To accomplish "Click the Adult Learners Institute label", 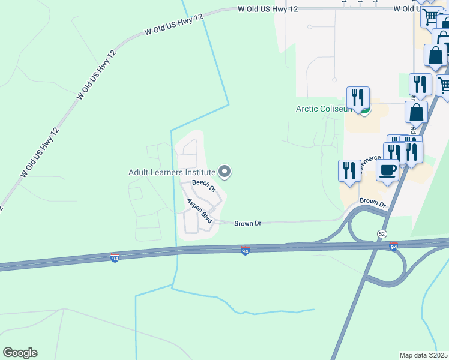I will tap(172, 172).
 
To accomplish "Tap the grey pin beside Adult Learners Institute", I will tap(225, 173).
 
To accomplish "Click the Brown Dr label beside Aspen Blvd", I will tap(248, 223).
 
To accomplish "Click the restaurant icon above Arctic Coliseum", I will tap(358, 98).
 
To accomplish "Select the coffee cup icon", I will tap(387, 170).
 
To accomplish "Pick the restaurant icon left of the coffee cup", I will tap(349, 170).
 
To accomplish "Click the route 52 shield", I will tap(382, 233).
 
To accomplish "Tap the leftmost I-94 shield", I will tap(115, 258).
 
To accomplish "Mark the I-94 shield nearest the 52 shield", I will tap(394, 247).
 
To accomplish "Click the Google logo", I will tap(20, 353).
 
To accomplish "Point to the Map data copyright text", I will tap(423, 355).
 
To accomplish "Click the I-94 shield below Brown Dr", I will tap(245, 250).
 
